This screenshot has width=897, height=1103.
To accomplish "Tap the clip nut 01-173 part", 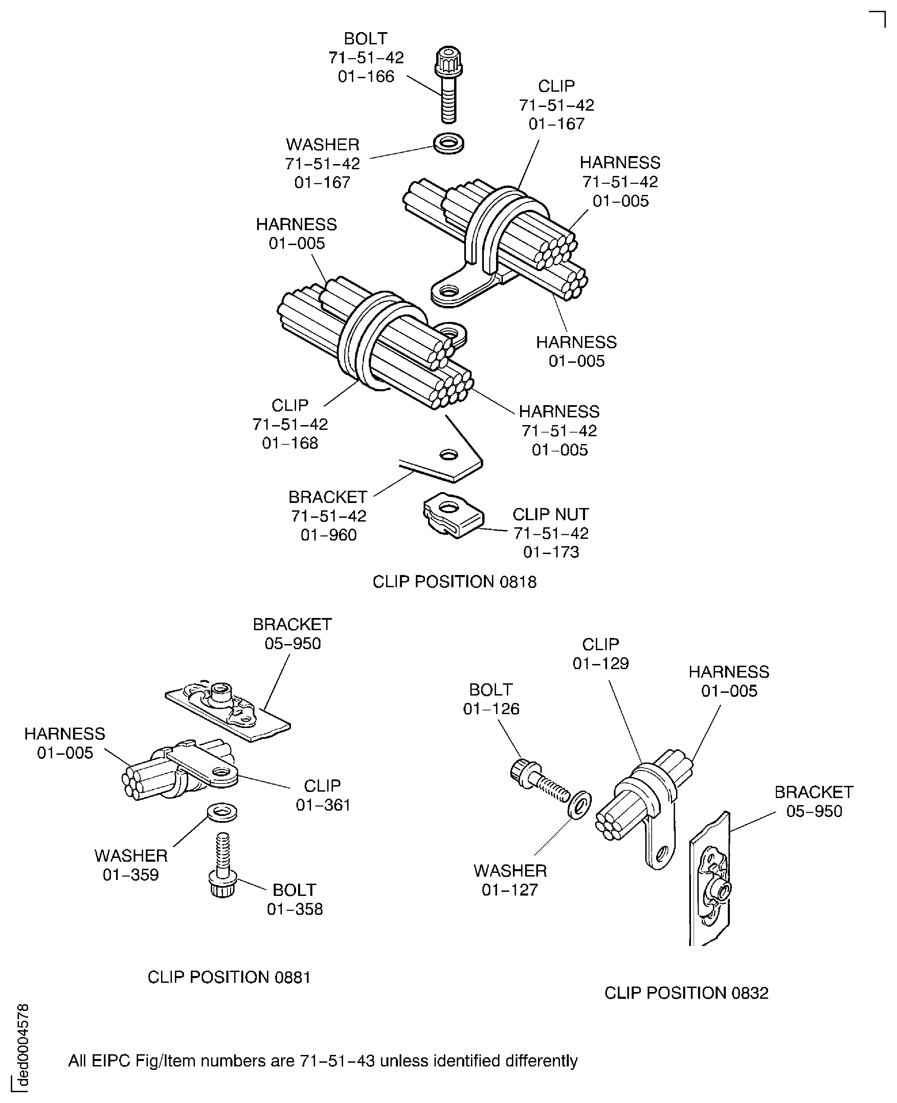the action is tap(453, 514).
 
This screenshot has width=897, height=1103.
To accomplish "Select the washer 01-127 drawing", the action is tap(580, 804).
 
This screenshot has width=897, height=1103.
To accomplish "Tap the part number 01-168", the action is tap(290, 443).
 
